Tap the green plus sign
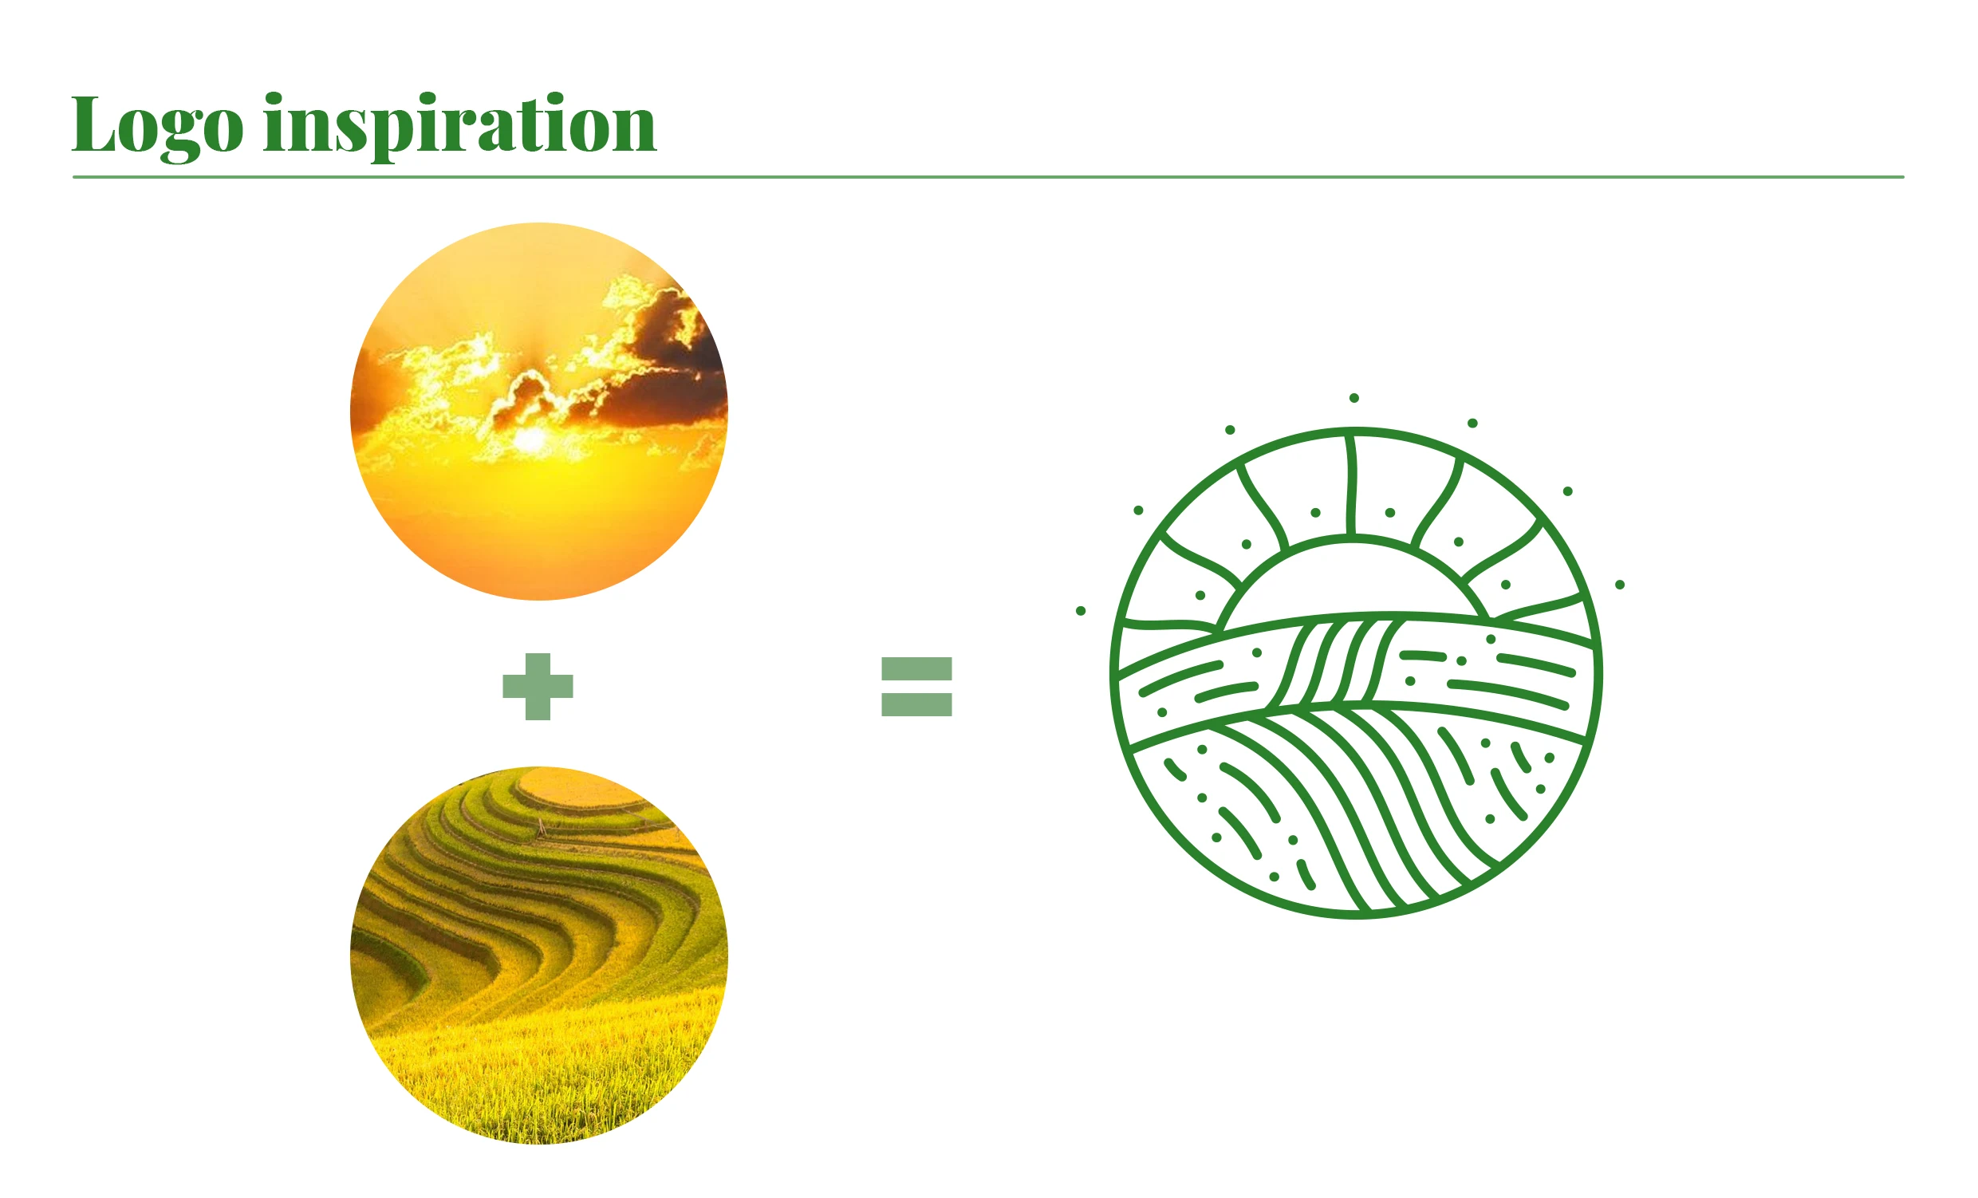click(538, 687)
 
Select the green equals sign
click(916, 687)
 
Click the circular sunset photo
click(539, 411)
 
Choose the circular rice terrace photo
click(539, 956)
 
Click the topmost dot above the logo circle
click(1354, 398)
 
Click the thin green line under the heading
click(988, 176)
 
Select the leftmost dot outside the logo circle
click(1081, 611)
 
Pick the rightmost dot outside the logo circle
click(1620, 585)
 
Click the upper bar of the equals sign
click(916, 669)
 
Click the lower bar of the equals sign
click(916, 704)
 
